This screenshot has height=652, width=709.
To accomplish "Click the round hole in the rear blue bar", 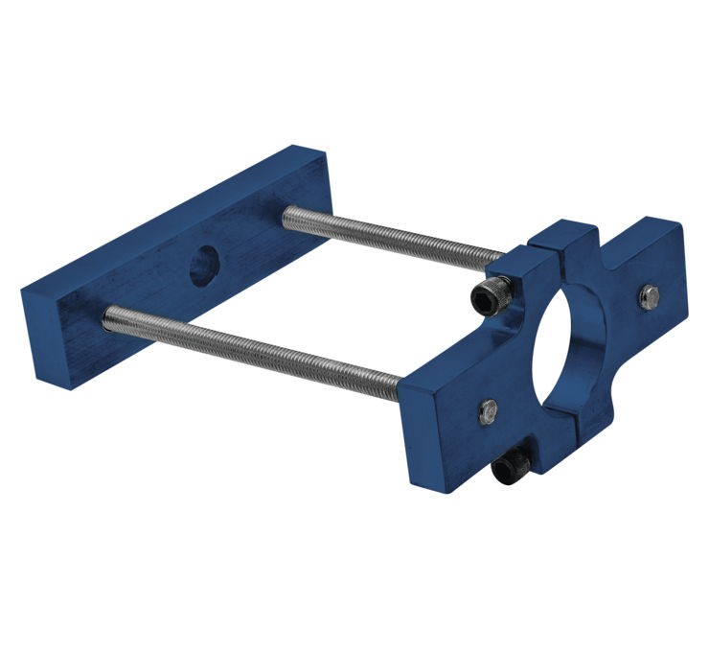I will click(x=203, y=266).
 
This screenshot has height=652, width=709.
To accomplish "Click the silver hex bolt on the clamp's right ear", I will click(x=649, y=296).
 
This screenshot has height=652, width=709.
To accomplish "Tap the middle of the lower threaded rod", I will click(x=254, y=345).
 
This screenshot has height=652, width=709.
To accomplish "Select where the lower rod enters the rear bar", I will click(x=107, y=314).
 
